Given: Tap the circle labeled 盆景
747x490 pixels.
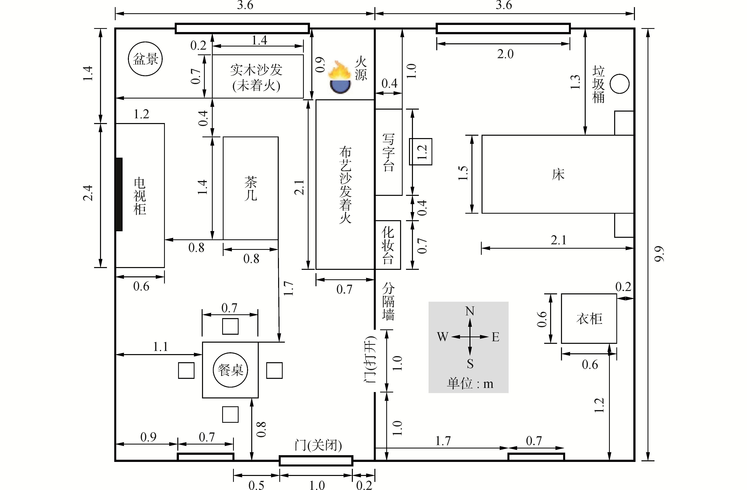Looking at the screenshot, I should tap(145, 59).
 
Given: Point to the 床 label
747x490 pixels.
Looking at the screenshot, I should tap(558, 174).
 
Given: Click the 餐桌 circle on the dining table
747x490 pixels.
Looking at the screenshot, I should tap(230, 370).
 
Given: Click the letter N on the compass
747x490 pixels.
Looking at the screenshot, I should tap(469, 311).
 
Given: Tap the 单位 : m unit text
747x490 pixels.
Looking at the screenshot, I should tap(470, 384).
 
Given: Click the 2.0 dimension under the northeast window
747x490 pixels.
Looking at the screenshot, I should tap(505, 54).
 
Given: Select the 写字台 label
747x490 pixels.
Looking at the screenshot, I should tap(389, 152).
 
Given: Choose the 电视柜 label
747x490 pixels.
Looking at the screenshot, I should tap(140, 196).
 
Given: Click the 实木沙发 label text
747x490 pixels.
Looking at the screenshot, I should tap(256, 70).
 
